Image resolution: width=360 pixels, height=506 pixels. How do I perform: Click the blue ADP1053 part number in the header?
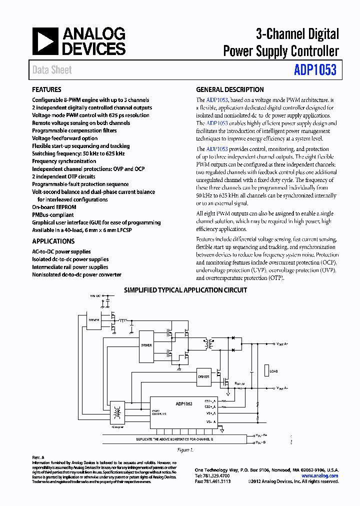coord(315,70)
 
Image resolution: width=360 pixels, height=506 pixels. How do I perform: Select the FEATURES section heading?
coord(47,90)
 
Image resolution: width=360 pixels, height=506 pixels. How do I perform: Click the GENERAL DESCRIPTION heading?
coord(229,90)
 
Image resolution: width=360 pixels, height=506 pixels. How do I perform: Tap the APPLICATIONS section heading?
coord(53,241)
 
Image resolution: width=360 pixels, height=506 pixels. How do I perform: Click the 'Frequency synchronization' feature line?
coord(64,161)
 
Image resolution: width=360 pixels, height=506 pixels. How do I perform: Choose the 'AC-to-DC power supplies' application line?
coord(61,251)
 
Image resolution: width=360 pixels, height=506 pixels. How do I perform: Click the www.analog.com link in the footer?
coord(319,475)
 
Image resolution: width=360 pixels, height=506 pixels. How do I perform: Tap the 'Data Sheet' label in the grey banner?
coord(52,70)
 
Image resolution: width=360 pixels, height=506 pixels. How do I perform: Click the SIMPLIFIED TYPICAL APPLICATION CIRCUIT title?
coord(185,290)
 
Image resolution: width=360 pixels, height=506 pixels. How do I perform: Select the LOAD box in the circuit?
coord(273,371)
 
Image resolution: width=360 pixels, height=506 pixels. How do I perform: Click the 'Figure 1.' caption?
coord(185,449)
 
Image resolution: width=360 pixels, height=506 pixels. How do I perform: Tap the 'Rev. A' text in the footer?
coord(38,457)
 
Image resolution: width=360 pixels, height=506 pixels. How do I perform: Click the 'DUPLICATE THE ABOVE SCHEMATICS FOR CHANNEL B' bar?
coord(175,438)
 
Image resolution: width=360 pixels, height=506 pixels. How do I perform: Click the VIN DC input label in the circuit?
coord(95,296)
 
